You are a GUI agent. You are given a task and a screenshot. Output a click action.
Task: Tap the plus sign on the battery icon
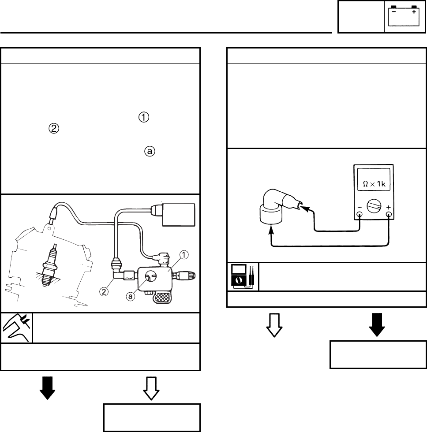pyautogui.click(x=414, y=13)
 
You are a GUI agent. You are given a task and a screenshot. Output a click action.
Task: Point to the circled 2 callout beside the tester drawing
pyautogui.click(x=103, y=291)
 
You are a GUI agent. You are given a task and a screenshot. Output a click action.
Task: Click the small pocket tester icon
pyautogui.click(x=243, y=277)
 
